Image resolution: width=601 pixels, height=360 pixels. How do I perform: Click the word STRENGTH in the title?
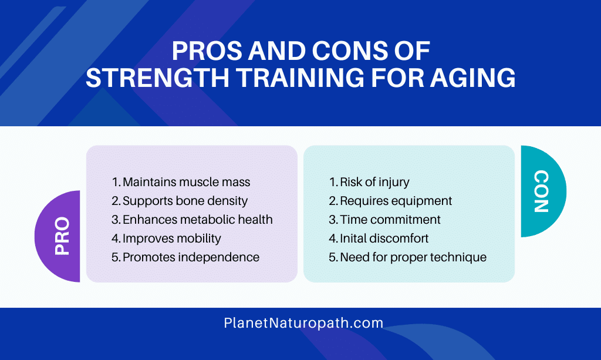157,78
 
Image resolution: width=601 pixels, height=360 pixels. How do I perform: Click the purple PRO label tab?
58,236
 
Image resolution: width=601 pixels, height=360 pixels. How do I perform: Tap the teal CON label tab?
543,191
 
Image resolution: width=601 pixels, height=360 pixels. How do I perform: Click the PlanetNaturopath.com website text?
303,323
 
